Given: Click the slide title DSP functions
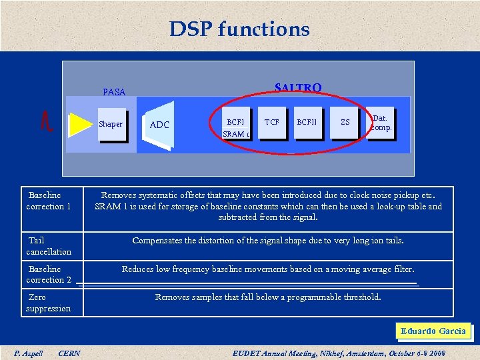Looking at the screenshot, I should pos(239,29).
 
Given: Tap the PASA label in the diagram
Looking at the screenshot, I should pos(114,92).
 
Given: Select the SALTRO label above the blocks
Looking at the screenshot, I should pos(298,88).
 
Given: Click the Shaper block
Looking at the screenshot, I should pos(111,124).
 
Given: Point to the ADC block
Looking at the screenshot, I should pos(159,125).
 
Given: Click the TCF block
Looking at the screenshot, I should pos(271,123).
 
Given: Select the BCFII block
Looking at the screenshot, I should pos(307,123).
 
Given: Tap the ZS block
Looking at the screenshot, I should pos(345,123).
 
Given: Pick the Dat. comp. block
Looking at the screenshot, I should pos(381,123).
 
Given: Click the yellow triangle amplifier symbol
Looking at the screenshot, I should pos(80,124).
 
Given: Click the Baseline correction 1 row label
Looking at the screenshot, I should pos(49,201).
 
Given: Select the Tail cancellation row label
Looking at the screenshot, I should pos(49,246).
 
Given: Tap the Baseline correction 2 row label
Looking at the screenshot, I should pos(49,274).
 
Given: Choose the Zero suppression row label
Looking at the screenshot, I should pos(48,303).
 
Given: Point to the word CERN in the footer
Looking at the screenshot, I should pos(69,353).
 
